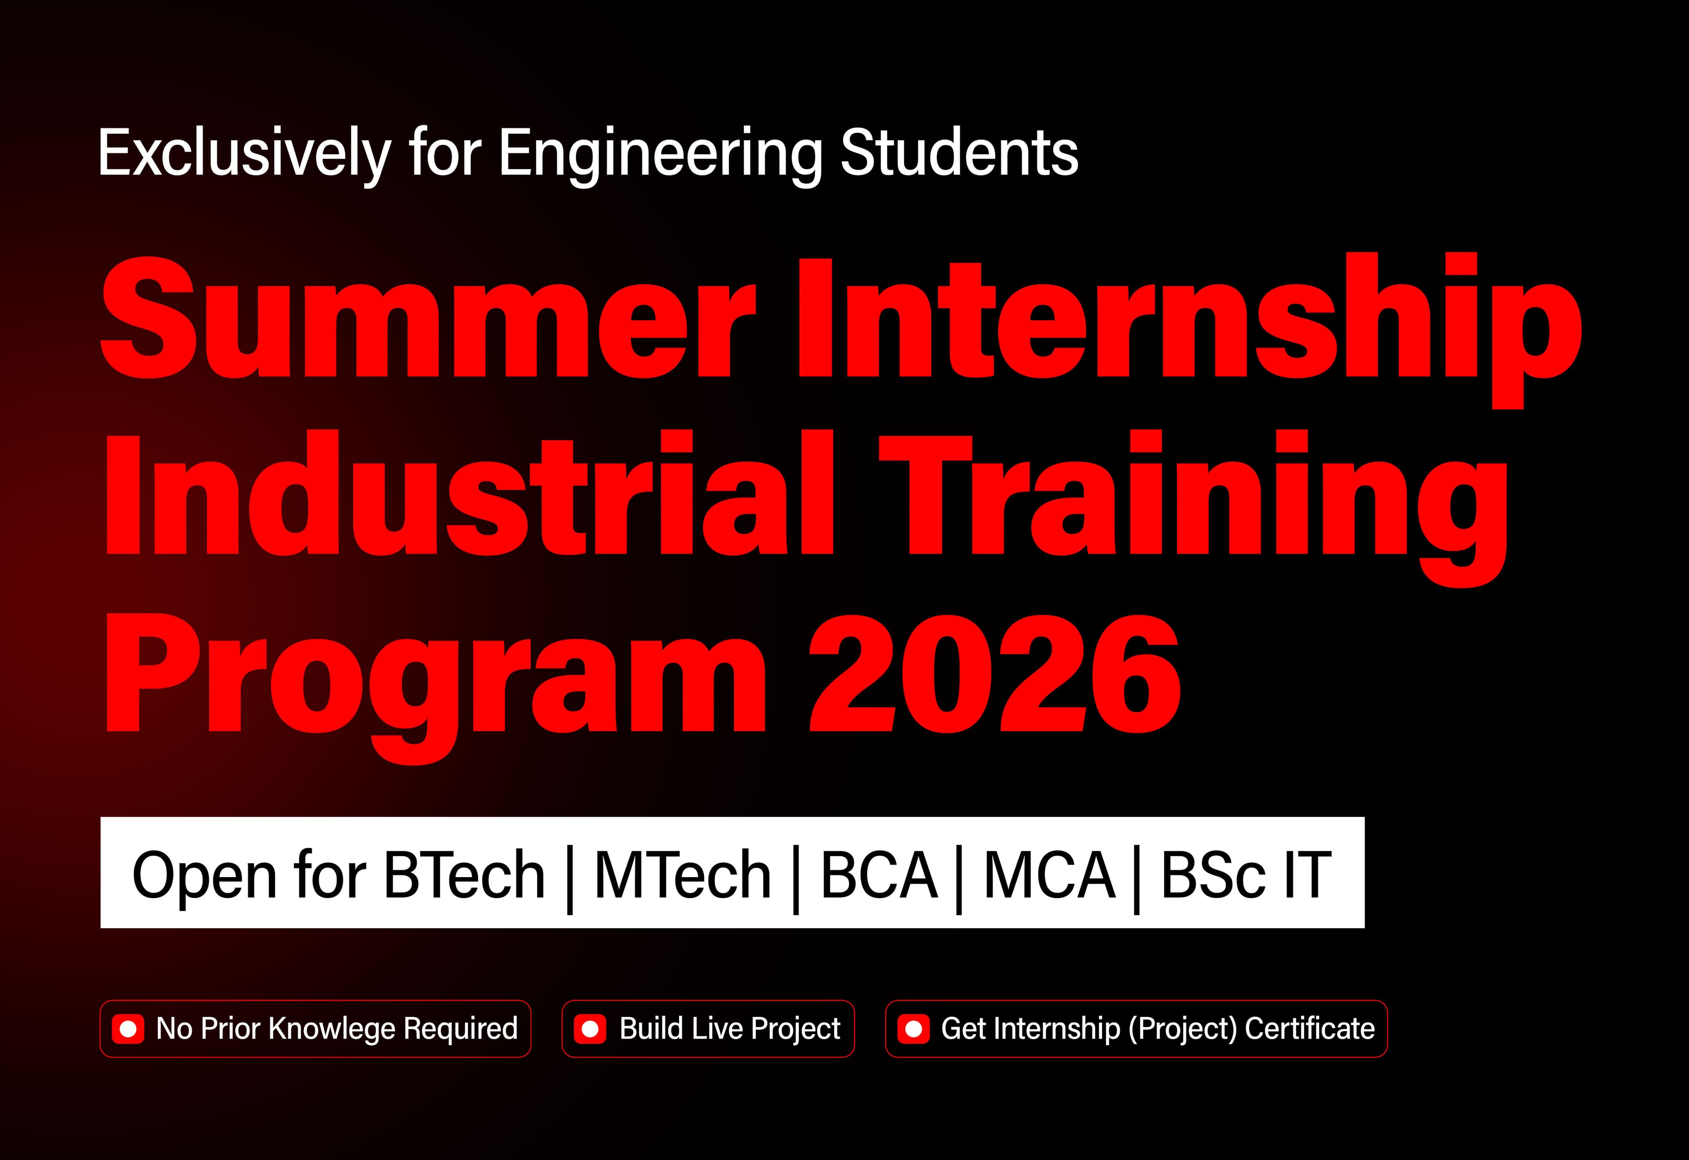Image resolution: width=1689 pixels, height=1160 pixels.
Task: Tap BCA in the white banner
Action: (879, 875)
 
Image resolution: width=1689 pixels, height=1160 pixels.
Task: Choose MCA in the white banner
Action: (1049, 875)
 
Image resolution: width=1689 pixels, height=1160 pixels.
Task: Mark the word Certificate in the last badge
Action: (1309, 1028)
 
